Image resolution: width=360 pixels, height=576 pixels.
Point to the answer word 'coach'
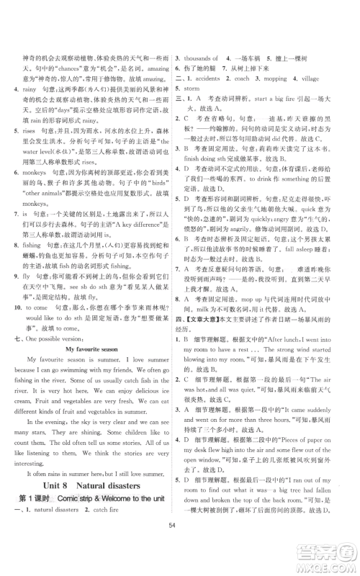coord(242,98)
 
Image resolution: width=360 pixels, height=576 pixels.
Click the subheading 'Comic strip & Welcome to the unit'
coord(116,520)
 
